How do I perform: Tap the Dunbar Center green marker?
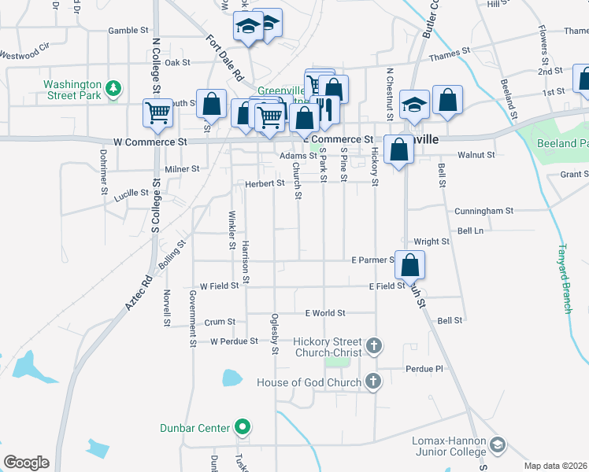click(243, 428)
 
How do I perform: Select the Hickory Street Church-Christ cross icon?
click(373, 345)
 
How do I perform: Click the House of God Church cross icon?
click(373, 382)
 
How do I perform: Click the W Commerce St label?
click(150, 142)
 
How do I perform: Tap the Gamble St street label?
click(128, 31)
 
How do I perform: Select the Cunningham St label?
click(483, 211)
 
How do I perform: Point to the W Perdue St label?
click(234, 341)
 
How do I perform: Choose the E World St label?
click(325, 313)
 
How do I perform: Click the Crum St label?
click(220, 322)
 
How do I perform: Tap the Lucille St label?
click(131, 194)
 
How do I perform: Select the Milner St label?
click(182, 168)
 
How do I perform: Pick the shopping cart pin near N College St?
click(157, 112)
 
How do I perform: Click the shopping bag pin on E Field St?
click(409, 264)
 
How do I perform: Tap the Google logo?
click(26, 463)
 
